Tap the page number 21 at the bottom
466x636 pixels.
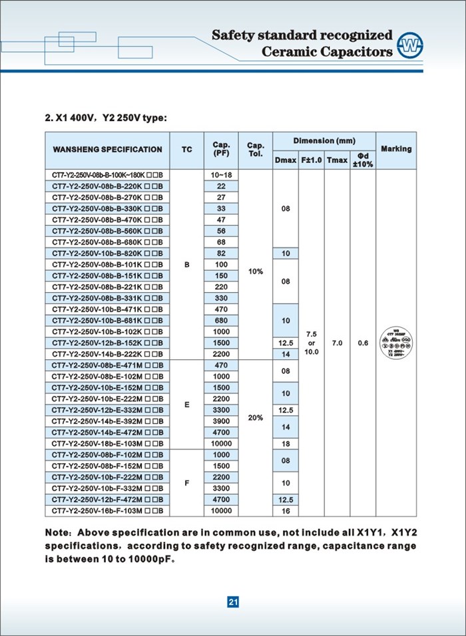(x=233, y=602)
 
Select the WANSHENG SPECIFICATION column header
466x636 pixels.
(x=107, y=150)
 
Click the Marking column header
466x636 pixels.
(x=396, y=149)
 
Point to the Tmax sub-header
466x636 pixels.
(x=337, y=160)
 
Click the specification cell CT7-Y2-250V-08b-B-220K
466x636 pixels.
(x=107, y=186)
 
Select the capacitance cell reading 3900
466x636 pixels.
(x=222, y=420)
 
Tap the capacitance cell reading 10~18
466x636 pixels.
(x=222, y=174)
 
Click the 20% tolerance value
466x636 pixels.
(x=256, y=418)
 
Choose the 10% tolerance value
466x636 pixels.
(x=256, y=271)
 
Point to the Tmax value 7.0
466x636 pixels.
(x=337, y=343)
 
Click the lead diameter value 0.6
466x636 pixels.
(x=363, y=343)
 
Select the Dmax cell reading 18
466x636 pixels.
(x=286, y=443)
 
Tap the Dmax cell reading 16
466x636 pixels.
(x=286, y=511)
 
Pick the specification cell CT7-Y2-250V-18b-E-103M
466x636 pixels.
(x=107, y=443)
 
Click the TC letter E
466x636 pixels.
(x=186, y=404)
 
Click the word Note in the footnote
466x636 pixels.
(x=58, y=533)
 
